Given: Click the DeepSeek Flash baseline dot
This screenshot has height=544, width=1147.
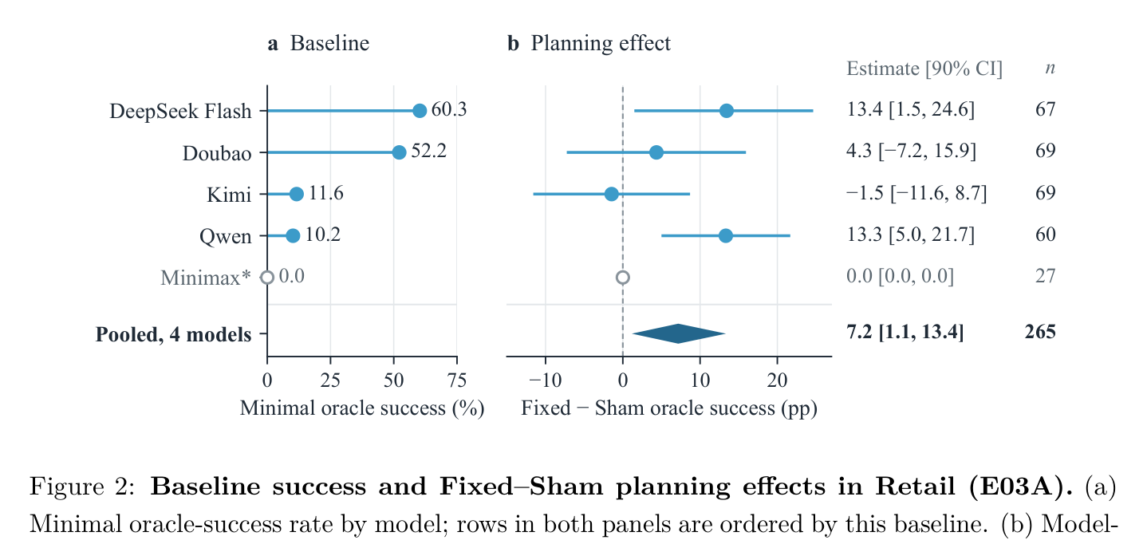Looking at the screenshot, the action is click(420, 111).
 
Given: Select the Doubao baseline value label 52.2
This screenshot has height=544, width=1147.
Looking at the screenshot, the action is click(428, 151).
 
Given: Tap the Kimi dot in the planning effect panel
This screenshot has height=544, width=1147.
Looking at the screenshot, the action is click(612, 194).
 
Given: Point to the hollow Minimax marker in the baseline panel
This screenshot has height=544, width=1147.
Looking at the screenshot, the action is click(267, 277).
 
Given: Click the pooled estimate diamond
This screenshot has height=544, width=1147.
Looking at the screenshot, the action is click(679, 333).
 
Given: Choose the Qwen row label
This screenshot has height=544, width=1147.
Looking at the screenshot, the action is click(225, 236).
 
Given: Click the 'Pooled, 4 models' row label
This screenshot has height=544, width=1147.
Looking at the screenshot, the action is click(174, 334).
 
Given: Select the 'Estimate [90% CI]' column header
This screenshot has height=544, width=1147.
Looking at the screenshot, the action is click(924, 68).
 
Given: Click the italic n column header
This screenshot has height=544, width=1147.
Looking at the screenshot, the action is click(1050, 68).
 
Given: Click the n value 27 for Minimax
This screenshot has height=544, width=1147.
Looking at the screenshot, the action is click(1046, 276).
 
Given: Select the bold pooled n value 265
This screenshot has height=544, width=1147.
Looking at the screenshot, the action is click(1040, 332).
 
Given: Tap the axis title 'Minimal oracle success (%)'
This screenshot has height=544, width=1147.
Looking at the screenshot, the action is click(362, 408).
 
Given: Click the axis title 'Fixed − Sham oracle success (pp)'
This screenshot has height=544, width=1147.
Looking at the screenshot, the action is click(669, 408).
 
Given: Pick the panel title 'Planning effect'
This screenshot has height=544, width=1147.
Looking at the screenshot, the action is click(601, 44).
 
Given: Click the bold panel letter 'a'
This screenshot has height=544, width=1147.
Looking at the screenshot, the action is click(273, 45).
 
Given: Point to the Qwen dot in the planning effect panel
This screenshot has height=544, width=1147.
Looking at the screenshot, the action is click(726, 235).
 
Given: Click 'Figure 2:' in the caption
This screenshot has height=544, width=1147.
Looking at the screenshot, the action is click(82, 486).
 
